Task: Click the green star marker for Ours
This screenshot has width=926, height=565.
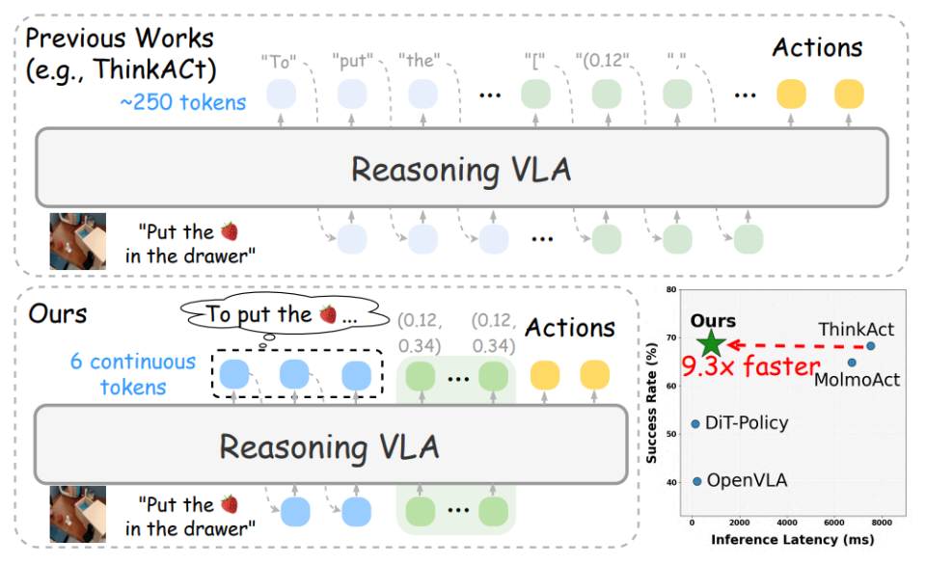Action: tap(711, 342)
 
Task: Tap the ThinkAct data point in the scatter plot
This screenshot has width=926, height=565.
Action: tap(870, 346)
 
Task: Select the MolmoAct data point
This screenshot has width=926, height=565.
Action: tap(852, 363)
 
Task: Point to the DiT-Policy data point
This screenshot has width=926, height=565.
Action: tap(695, 423)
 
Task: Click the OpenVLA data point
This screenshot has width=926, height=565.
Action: tap(697, 480)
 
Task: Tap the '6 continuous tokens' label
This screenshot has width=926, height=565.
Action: tap(132, 374)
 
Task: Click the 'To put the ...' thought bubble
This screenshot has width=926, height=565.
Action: tap(275, 315)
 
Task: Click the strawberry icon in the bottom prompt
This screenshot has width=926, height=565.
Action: tap(229, 504)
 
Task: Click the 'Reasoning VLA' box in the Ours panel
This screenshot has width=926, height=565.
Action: tap(329, 446)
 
